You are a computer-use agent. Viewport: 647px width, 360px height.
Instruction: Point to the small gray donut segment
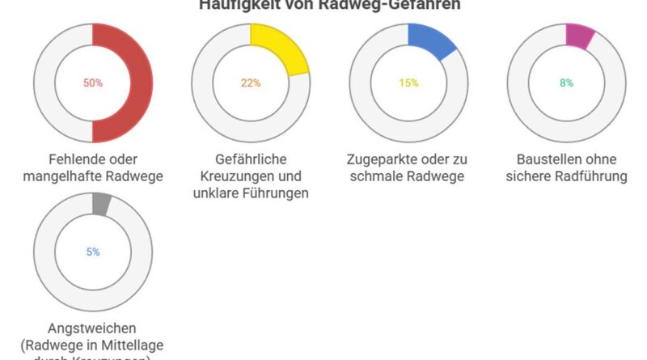[101, 204]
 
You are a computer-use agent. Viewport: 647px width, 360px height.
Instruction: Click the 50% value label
[93, 83]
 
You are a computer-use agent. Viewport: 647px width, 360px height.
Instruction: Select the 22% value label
[251, 83]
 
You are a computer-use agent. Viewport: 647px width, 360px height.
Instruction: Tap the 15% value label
[408, 83]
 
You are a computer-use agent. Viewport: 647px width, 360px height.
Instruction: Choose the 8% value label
[566, 83]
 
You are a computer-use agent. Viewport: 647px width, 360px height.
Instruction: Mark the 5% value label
[93, 252]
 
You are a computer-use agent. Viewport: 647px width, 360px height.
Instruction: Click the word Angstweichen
[93, 328]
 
